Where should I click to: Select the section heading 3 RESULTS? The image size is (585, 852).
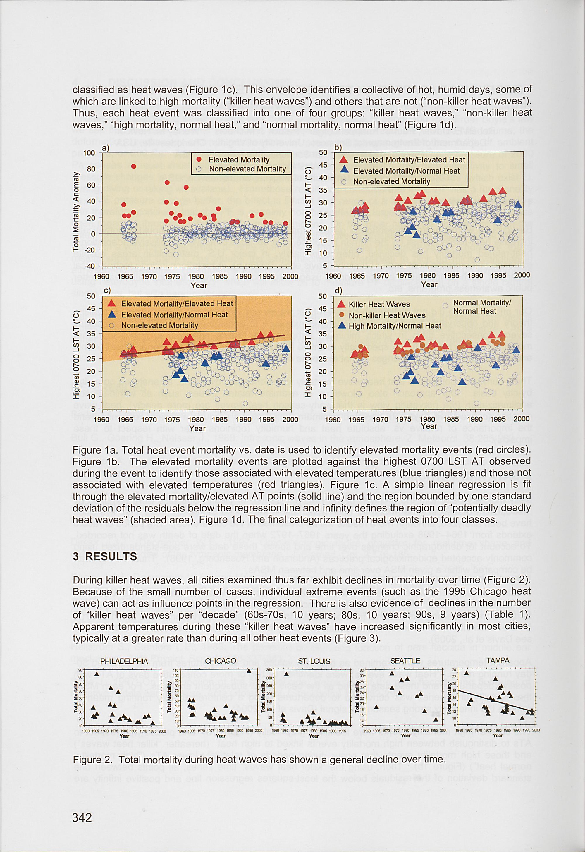pyautogui.click(x=105, y=556)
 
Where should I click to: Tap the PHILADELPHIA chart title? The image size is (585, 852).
pyautogui.click(x=124, y=661)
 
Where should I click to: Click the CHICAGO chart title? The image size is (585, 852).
pyautogui.click(x=220, y=661)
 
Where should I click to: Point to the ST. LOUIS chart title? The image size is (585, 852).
pyautogui.click(x=314, y=661)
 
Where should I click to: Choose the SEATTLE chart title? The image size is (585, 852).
pyautogui.click(x=405, y=661)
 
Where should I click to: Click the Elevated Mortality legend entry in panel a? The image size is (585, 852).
pyautogui.click(x=239, y=159)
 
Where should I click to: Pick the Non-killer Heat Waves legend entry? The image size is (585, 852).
pyautogui.click(x=387, y=315)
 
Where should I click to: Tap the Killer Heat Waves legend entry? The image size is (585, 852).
pyautogui.click(x=379, y=304)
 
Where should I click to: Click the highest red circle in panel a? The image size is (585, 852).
pyautogui.click(x=134, y=166)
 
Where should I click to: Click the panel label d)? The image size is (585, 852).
pyautogui.click(x=338, y=291)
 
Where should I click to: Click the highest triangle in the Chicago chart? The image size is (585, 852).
pyautogui.click(x=249, y=671)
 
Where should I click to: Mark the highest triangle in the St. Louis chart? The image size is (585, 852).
pyautogui.click(x=286, y=674)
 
